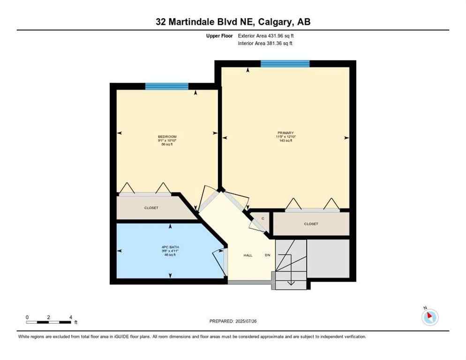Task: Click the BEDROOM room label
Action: (x=167, y=136)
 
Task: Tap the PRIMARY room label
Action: (x=285, y=133)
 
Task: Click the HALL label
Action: (x=248, y=255)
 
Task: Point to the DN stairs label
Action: (x=267, y=255)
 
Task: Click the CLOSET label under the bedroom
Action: (x=151, y=208)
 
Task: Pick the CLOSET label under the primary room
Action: (x=311, y=224)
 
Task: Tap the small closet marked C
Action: (x=263, y=218)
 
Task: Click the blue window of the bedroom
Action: (x=166, y=86)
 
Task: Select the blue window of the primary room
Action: (x=285, y=64)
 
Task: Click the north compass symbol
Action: (x=429, y=317)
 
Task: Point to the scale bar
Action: (x=49, y=322)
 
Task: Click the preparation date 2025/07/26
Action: (x=233, y=321)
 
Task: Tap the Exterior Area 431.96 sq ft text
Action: (x=266, y=36)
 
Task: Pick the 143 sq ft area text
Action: (x=285, y=140)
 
